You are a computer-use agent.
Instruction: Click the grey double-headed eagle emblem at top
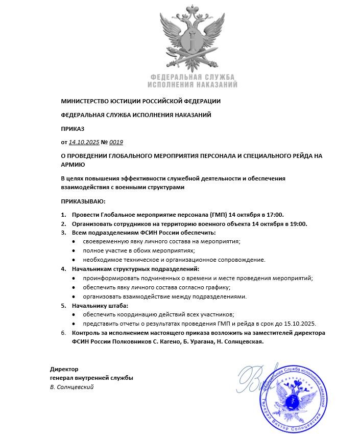tap(192, 39)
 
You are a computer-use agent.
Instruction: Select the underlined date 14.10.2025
tap(84, 142)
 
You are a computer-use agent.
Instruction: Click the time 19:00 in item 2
tap(299, 223)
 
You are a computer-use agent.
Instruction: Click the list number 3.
tap(63, 233)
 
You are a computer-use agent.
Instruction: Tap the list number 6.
tap(63, 333)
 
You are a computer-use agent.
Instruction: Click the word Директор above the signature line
tap(64, 369)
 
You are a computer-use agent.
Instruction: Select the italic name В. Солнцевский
tap(71, 387)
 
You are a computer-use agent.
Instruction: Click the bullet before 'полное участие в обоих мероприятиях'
tap(75, 251)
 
